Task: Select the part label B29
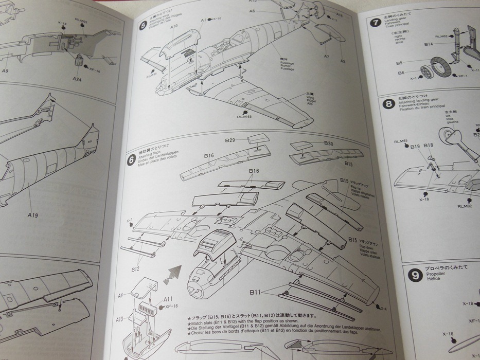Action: (229, 140)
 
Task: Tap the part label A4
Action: (120, 296)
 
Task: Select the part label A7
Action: (327, 57)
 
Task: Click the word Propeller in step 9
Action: (435, 282)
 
